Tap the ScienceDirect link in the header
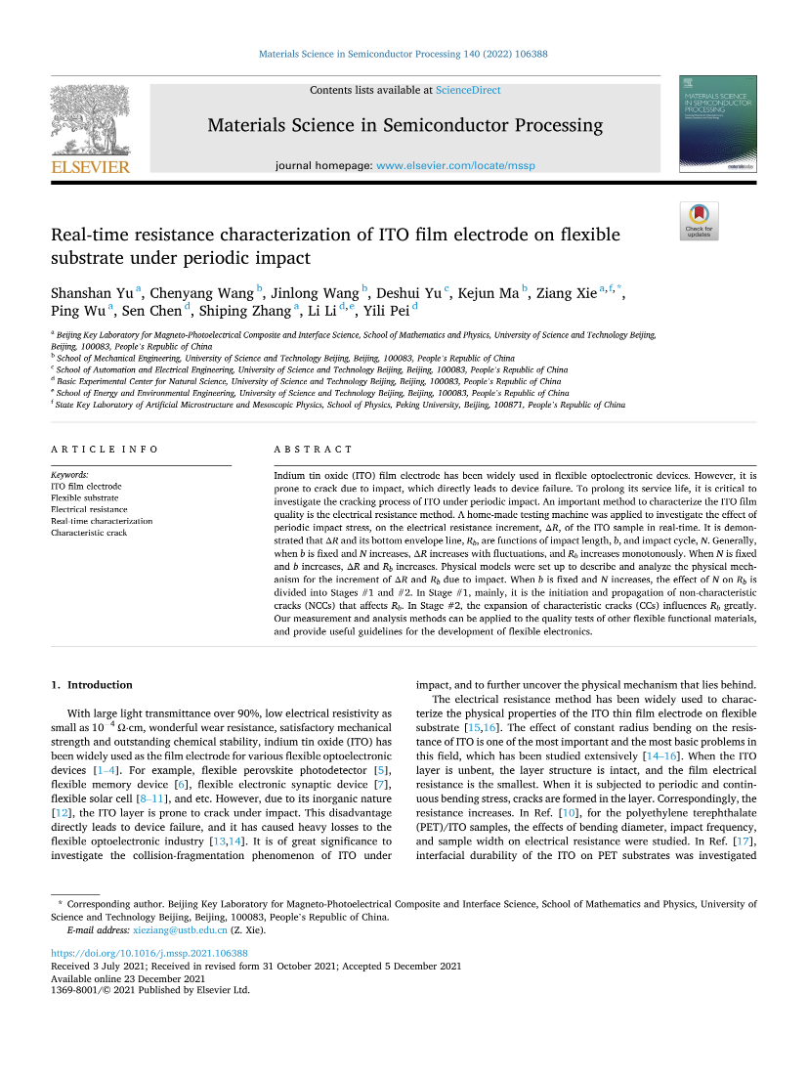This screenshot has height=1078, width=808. point(468,90)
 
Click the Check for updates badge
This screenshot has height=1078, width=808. point(699,221)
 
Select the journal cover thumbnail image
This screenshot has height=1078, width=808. point(717,124)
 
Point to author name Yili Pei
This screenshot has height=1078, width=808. point(386,311)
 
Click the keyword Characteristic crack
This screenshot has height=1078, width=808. point(89,533)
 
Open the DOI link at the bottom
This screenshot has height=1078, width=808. point(149,953)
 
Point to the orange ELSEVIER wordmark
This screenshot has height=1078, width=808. point(89,168)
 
